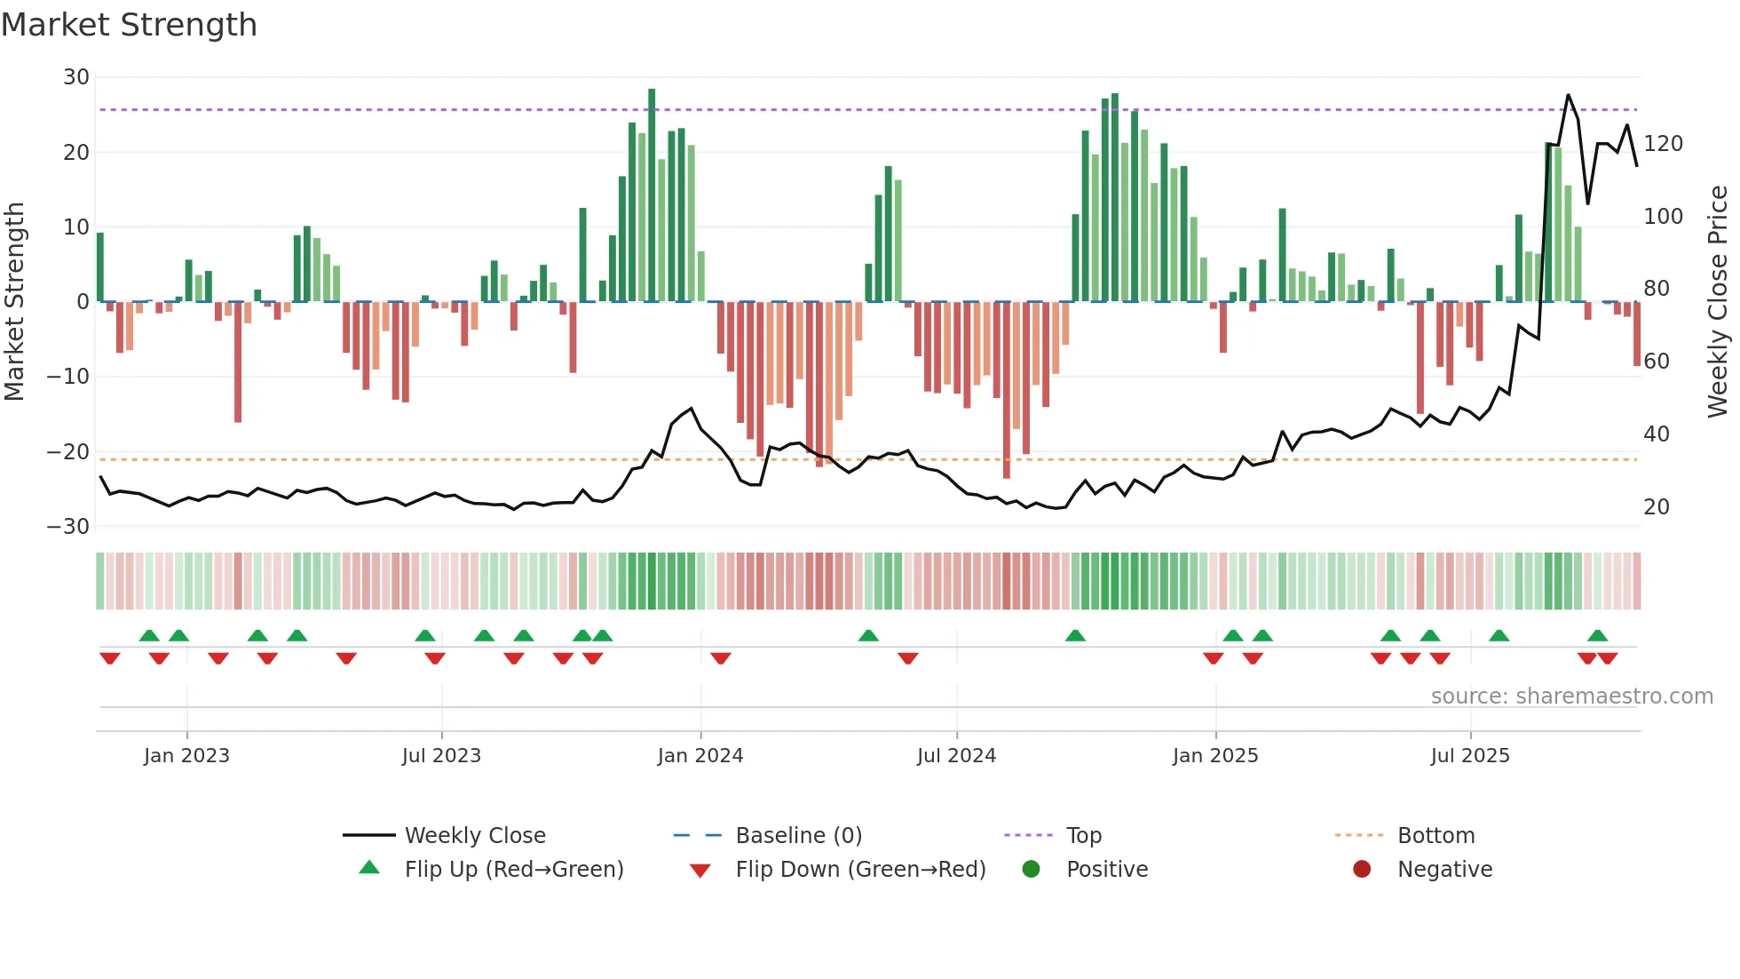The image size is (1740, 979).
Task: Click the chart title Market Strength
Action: (x=129, y=25)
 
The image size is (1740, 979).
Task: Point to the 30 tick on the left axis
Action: (x=76, y=77)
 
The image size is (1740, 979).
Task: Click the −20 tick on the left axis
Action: (x=68, y=451)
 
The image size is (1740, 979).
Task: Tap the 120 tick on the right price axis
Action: (x=1663, y=144)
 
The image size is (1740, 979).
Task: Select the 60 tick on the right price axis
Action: (x=1657, y=362)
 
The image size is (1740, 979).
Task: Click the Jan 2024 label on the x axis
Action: (x=700, y=756)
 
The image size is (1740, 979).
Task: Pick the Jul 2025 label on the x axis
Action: (x=1470, y=756)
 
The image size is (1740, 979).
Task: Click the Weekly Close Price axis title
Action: (x=1718, y=302)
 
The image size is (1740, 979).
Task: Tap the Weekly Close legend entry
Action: (x=475, y=836)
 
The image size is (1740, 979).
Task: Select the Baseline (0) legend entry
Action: (x=798, y=836)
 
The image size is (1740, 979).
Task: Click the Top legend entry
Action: (x=1083, y=836)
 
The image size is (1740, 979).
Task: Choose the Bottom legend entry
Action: (x=1435, y=836)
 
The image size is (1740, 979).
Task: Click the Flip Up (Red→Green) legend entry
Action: (x=513, y=870)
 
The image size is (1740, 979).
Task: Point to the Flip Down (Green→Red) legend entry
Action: (x=860, y=870)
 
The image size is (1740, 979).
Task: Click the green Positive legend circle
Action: (x=1031, y=870)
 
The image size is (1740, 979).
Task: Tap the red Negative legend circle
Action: (x=1362, y=870)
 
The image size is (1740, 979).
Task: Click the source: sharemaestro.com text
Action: (x=1571, y=696)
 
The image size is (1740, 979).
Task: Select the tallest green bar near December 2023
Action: (x=652, y=195)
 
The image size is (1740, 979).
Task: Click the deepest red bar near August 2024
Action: (x=1006, y=391)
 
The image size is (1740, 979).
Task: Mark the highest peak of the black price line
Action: (x=1569, y=95)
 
